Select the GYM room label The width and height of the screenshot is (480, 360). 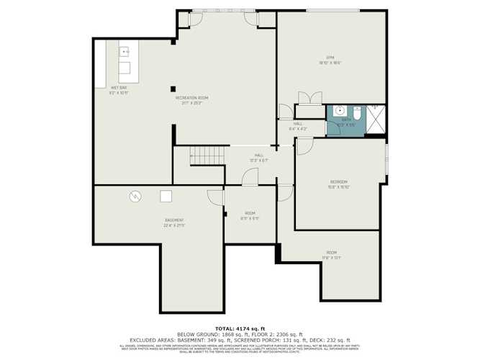[330, 58]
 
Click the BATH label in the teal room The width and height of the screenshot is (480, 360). [346, 120]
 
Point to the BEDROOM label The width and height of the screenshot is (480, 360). [338, 181]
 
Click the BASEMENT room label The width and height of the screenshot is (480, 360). [174, 220]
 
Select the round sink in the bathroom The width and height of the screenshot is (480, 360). [337, 112]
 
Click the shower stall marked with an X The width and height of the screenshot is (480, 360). [376, 120]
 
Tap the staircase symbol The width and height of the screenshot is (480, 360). [204, 154]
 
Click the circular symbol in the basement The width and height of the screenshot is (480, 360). [135, 195]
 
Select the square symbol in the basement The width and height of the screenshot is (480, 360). [166, 196]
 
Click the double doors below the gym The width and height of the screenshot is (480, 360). [309, 99]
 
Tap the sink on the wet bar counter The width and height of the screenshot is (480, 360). [124, 52]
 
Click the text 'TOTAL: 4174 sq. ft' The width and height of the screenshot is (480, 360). [240, 328]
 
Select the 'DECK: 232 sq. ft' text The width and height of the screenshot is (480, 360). [330, 340]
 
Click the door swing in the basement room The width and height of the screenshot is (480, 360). [215, 197]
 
